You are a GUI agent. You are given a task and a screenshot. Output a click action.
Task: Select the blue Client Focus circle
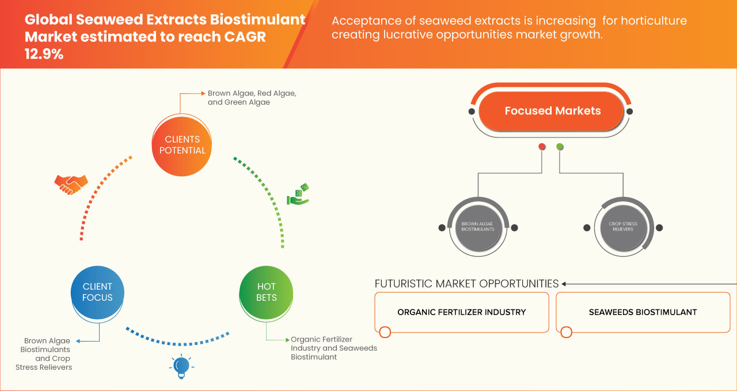(x=97, y=292)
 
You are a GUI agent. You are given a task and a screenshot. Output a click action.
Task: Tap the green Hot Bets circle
(x=267, y=292)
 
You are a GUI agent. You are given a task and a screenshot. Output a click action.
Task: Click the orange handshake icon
(x=71, y=184)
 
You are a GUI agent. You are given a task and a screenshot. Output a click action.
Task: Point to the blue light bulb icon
(x=181, y=366)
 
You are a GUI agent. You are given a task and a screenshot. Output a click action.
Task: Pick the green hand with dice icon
(x=298, y=195)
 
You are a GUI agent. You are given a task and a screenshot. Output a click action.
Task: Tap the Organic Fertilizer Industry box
(x=461, y=312)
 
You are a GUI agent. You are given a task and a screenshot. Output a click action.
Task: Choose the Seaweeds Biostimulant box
(x=643, y=312)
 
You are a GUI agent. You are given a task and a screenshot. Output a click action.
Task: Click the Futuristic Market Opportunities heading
(x=466, y=283)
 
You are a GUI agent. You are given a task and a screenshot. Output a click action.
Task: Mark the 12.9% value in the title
(x=44, y=55)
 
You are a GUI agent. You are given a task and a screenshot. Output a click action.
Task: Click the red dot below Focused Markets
(x=542, y=147)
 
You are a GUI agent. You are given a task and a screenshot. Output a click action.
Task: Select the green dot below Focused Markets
(x=560, y=147)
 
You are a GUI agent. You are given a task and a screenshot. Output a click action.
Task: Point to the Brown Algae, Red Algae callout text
(x=252, y=97)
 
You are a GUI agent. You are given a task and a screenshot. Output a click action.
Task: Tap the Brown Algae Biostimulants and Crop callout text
(x=46, y=354)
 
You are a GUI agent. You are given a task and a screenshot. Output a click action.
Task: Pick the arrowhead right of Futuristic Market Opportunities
(x=564, y=283)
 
